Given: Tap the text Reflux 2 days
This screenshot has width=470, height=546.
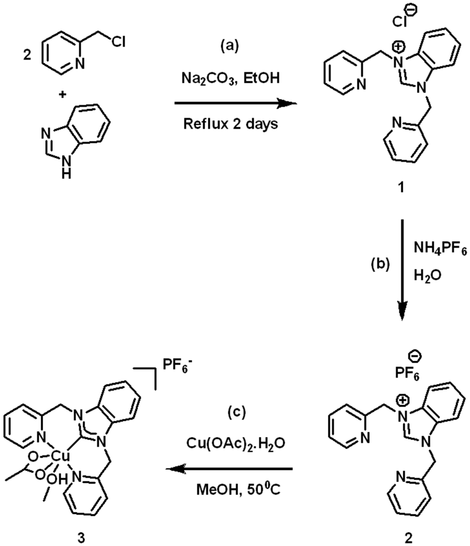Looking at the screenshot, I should tap(230, 124).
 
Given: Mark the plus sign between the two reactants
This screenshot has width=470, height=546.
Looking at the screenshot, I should tap(62, 95).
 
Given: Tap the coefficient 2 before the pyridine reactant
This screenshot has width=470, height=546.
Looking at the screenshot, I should tap(27, 56).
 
